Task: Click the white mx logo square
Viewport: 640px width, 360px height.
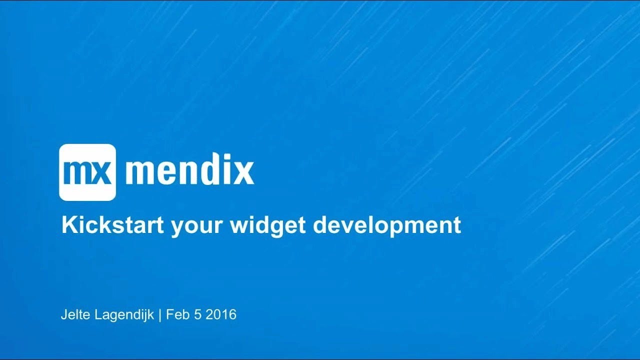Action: pos(87,172)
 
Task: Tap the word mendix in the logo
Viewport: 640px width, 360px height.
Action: pos(189,172)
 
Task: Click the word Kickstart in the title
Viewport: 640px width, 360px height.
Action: pos(112,225)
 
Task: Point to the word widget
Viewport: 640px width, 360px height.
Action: pos(268,225)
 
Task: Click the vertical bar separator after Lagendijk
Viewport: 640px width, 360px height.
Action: pos(160,315)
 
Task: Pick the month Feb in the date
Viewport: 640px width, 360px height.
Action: pos(176,315)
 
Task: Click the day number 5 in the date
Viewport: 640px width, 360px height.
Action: pos(196,315)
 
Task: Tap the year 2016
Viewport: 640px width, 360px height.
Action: pos(221,315)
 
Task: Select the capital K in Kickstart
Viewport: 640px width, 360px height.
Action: pos(67,225)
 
